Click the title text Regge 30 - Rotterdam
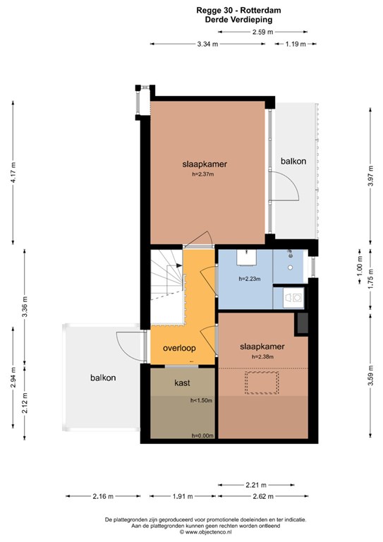point(238,11)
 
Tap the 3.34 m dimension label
point(207,44)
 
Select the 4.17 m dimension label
point(13,172)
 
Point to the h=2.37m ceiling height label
point(203,174)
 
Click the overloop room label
point(179,348)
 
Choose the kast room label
point(182,383)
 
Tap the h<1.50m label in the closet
point(201,401)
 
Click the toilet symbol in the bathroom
point(293,297)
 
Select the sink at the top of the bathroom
point(247,258)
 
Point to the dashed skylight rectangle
point(262,383)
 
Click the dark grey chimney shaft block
point(303,323)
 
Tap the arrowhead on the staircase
point(179,265)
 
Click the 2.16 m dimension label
point(103,496)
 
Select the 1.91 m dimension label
point(183,496)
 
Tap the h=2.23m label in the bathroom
point(250,279)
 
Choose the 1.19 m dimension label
point(296,44)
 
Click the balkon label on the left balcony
point(103,378)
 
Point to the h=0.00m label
point(202,435)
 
